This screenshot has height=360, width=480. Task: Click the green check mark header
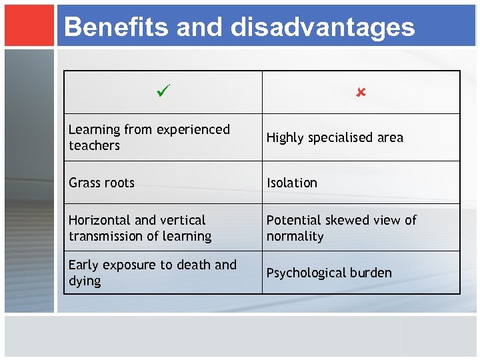163,89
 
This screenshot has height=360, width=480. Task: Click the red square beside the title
29,25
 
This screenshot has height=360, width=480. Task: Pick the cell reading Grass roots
101,183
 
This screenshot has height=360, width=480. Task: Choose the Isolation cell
292,183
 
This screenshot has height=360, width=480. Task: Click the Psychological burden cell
329,273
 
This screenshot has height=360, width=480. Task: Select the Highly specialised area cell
335,137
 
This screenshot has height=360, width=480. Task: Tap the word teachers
94,145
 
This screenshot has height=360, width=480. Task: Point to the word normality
295,236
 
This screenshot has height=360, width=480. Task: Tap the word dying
85,281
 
